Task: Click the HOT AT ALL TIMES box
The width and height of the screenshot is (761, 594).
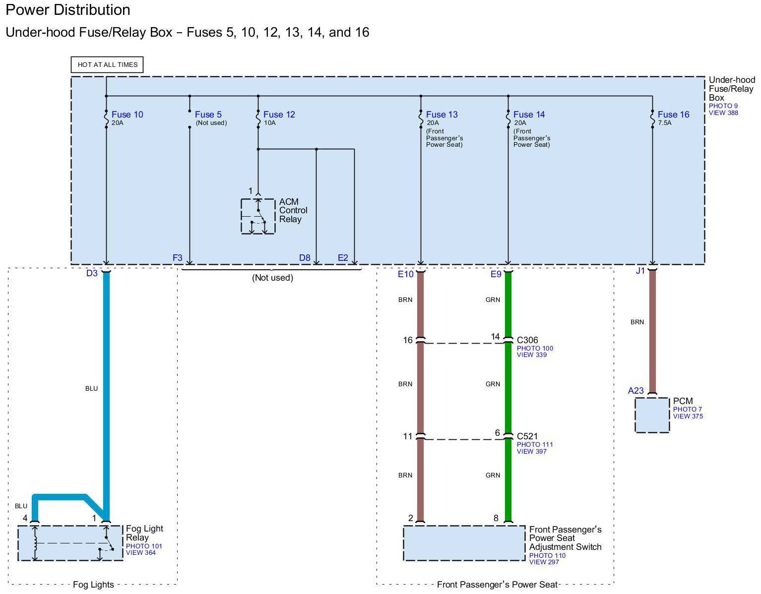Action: (x=107, y=65)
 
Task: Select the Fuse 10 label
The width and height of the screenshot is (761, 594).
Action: (x=127, y=115)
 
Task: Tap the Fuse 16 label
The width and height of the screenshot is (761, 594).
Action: (x=673, y=115)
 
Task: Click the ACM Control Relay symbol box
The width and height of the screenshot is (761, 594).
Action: (x=258, y=216)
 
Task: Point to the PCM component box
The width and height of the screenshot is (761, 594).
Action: (x=652, y=415)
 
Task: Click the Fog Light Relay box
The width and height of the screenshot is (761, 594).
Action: (x=70, y=543)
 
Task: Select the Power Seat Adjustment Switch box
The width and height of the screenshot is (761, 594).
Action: (x=464, y=543)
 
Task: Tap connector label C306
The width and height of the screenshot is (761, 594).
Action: (x=527, y=340)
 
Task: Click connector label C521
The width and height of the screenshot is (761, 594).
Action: (x=527, y=436)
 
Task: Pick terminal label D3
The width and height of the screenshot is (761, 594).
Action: (x=92, y=273)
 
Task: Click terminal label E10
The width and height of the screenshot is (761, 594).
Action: (x=405, y=274)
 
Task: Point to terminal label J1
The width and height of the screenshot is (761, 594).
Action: (x=640, y=271)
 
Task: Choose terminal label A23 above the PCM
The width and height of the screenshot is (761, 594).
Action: (x=635, y=391)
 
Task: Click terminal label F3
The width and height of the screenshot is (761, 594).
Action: (x=178, y=258)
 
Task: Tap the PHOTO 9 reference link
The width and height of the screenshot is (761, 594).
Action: (x=723, y=106)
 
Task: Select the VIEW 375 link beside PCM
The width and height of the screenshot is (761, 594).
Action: (x=688, y=416)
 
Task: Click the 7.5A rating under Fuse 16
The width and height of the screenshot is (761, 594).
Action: (x=665, y=123)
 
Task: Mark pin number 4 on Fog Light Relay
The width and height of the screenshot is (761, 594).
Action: (x=25, y=518)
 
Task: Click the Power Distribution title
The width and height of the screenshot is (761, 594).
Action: (x=68, y=10)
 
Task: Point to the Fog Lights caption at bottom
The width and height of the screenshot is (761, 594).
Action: (x=93, y=585)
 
